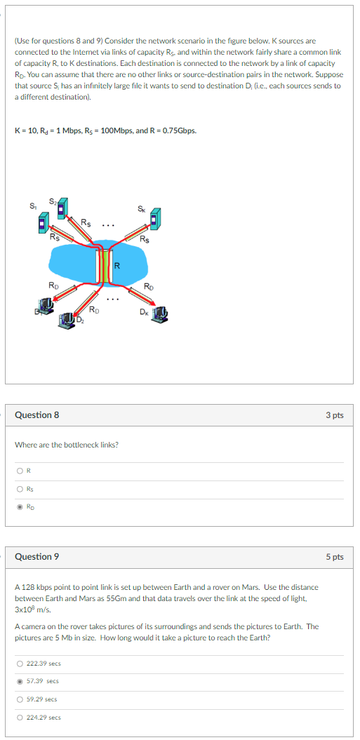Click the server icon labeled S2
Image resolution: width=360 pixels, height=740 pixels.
coord(62,207)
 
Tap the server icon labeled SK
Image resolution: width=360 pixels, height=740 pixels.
coord(155,218)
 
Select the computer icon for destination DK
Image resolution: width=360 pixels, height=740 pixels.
coord(161,313)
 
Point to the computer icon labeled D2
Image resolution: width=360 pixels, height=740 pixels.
coord(69,321)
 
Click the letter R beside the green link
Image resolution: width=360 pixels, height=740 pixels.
coord(117,265)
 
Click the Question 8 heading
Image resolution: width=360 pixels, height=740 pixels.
coord(37,415)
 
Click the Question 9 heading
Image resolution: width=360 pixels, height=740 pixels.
coord(37,557)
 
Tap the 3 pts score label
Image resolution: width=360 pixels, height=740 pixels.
coord(334,415)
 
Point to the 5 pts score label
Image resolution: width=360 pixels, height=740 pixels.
coord(334,557)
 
